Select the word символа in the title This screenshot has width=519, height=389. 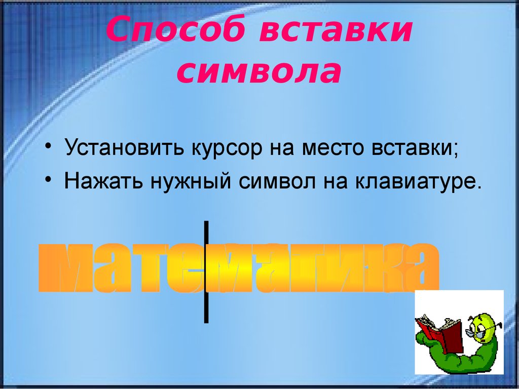pos(258,72)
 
